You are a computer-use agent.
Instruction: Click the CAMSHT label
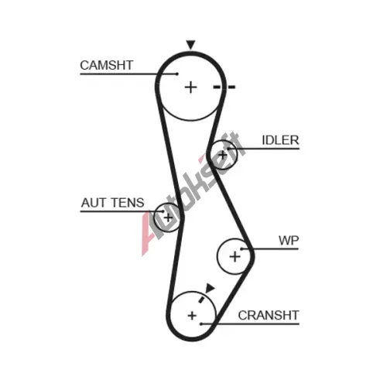click(x=106, y=65)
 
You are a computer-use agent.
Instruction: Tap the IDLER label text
click(x=280, y=140)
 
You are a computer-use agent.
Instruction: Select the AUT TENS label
click(x=113, y=203)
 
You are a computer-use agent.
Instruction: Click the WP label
click(x=289, y=241)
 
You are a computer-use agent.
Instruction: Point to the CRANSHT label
click(x=269, y=315)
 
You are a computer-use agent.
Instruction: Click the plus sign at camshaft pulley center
click(x=191, y=87)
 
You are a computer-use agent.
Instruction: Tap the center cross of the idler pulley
click(x=223, y=156)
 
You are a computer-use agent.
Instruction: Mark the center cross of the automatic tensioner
click(x=168, y=217)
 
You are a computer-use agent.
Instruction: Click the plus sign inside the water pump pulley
click(x=235, y=257)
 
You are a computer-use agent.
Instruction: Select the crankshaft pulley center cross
click(x=192, y=316)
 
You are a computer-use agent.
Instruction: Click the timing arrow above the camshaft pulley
click(x=191, y=44)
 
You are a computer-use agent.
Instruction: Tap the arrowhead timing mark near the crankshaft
click(x=210, y=288)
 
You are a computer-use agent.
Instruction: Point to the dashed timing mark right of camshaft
click(x=224, y=87)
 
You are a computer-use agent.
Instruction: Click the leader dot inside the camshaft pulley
click(x=177, y=74)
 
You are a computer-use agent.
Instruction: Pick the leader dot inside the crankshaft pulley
click(x=201, y=324)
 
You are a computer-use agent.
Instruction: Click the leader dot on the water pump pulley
click(x=241, y=249)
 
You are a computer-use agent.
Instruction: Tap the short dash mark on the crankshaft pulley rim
click(x=201, y=300)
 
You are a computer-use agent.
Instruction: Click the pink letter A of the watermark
click(x=148, y=234)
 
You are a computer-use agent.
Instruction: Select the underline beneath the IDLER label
click(x=263, y=149)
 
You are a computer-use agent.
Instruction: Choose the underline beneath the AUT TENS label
click(x=122, y=211)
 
